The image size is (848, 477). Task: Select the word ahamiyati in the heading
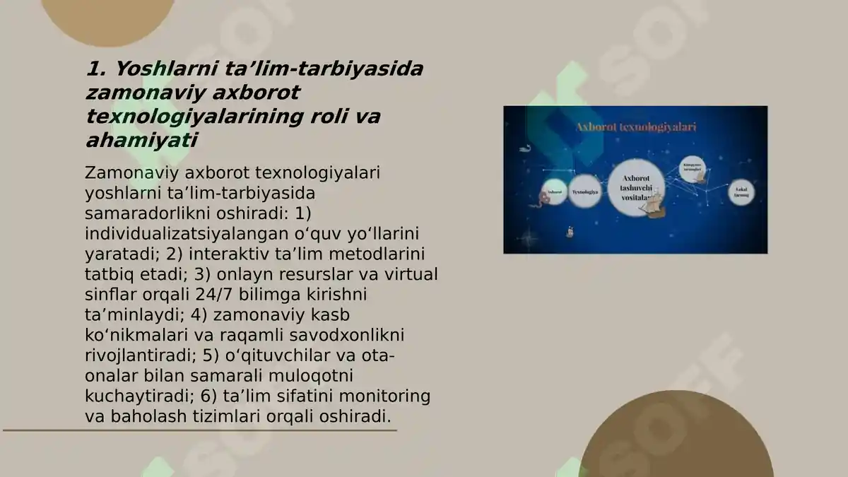click(x=141, y=141)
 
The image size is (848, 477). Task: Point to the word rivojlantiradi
click(x=141, y=355)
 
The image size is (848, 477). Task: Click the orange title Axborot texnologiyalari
click(x=636, y=127)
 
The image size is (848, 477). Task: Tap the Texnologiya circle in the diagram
click(x=585, y=192)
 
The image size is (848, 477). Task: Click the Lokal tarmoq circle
click(x=741, y=191)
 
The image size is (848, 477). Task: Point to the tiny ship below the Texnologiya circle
click(x=571, y=231)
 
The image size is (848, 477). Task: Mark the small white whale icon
click(x=525, y=148)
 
